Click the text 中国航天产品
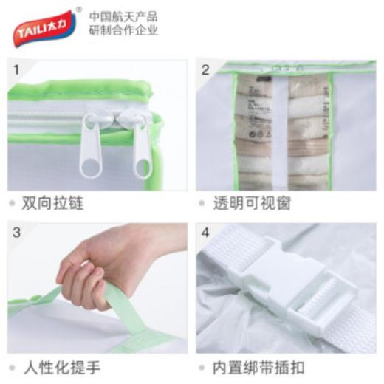pyautogui.click(x=123, y=16)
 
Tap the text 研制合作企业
pyautogui.click(x=123, y=31)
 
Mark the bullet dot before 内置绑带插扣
pyautogui.click(x=202, y=367)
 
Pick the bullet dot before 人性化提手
pyautogui.click(x=13, y=367)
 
